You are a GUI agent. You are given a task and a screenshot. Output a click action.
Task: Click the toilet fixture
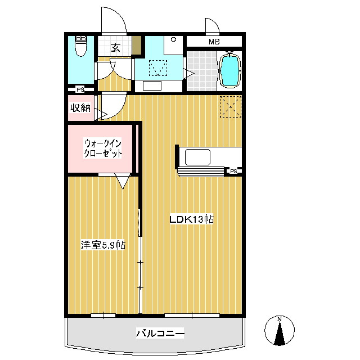(x=81, y=46)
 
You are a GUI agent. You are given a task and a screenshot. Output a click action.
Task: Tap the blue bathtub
(x=230, y=70)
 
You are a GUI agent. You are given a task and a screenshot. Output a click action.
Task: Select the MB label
(x=214, y=42)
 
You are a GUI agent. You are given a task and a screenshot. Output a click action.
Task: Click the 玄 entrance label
(x=115, y=48)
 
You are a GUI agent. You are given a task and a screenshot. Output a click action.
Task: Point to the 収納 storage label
(x=80, y=107)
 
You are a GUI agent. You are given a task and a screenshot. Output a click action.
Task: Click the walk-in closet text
(x=103, y=148)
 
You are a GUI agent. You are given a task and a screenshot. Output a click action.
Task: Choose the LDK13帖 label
(x=191, y=219)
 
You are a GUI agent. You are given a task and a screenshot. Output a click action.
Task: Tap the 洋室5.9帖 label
(x=103, y=245)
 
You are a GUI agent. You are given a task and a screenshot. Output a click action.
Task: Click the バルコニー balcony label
(x=160, y=333)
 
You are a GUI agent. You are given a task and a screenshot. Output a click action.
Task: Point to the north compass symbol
(x=280, y=331)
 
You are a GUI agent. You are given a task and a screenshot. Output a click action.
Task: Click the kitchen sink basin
(x=197, y=157)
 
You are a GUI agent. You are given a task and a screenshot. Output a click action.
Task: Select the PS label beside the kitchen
(x=233, y=171)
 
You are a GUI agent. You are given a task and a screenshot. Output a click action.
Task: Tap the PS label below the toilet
(x=80, y=89)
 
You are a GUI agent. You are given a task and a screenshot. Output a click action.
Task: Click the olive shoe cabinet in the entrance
(x=136, y=45)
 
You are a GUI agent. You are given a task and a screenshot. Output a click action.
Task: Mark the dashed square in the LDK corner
(x=231, y=106)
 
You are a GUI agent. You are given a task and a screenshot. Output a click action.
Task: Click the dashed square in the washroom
(x=158, y=68)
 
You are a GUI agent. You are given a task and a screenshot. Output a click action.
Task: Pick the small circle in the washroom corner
(x=174, y=39)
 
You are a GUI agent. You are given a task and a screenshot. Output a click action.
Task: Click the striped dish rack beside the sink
(x=201, y=172)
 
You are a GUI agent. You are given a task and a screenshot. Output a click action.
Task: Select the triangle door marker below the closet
(x=123, y=181)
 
